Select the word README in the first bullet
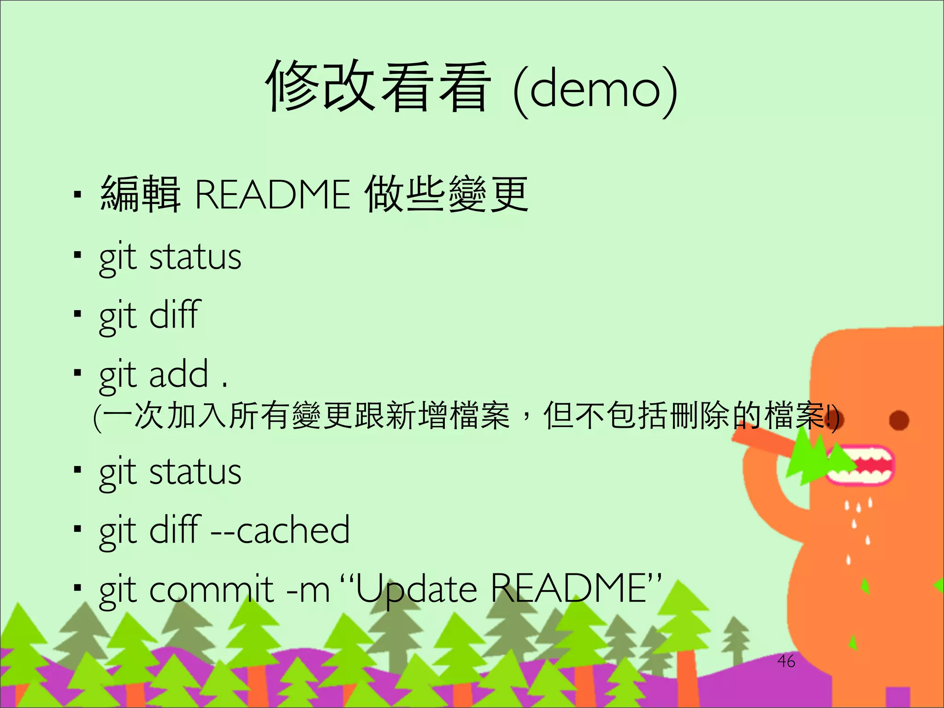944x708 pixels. tap(272, 195)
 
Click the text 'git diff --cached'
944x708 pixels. tap(224, 530)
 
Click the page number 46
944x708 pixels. tap(786, 661)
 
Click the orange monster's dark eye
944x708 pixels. tap(898, 420)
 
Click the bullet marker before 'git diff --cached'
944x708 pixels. tap(77, 529)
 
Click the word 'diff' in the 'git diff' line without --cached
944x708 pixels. tap(175, 315)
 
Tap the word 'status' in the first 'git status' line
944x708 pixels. tap(195, 257)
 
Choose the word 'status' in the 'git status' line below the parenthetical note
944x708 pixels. tap(195, 472)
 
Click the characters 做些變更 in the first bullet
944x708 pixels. tap(446, 195)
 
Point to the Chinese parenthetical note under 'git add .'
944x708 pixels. tap(466, 416)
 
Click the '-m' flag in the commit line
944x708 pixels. tap(308, 590)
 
